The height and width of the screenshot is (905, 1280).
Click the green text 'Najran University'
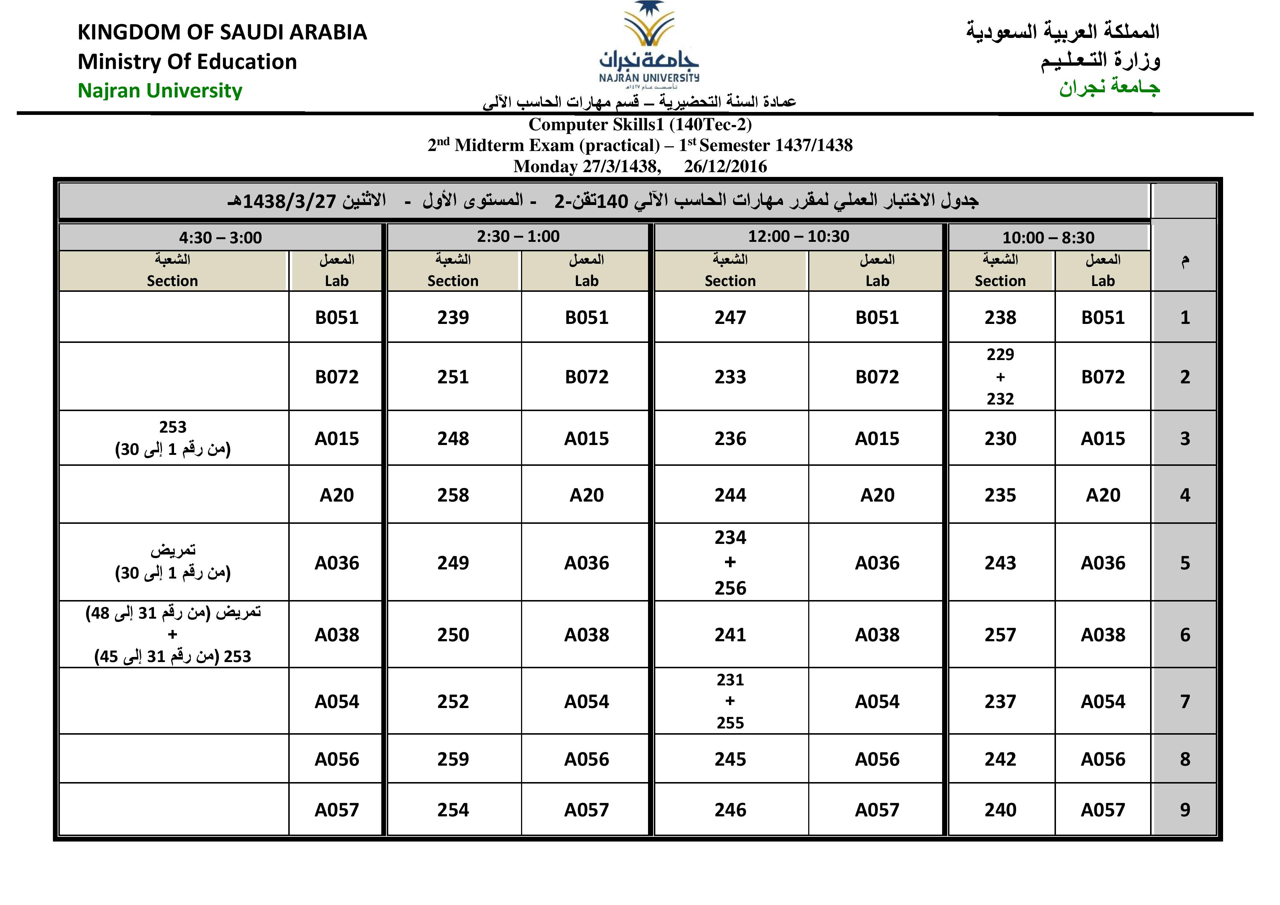tap(160, 90)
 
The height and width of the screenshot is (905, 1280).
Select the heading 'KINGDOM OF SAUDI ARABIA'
tap(222, 32)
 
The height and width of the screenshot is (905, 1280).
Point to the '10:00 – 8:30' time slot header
tap(1048, 238)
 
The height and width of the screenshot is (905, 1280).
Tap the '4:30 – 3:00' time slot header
tap(220, 238)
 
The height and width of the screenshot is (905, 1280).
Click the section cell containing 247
tap(730, 318)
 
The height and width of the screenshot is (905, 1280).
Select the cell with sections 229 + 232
tap(1000, 377)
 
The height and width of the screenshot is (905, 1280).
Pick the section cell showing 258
tap(453, 495)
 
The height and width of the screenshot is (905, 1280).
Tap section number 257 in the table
tap(1000, 635)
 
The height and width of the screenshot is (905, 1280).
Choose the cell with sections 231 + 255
tap(730, 701)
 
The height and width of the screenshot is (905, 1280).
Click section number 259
tap(453, 759)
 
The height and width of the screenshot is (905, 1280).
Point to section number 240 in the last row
tap(1000, 810)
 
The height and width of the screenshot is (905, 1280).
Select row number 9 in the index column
tap(1185, 810)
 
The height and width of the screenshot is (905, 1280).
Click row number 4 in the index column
tap(1185, 495)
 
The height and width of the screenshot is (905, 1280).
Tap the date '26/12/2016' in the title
tap(725, 167)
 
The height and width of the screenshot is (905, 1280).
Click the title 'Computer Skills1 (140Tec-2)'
tap(640, 124)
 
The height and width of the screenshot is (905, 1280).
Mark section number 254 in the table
tap(453, 810)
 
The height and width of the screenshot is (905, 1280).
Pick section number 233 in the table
tap(730, 377)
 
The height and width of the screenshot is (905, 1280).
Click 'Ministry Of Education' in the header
tap(187, 61)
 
